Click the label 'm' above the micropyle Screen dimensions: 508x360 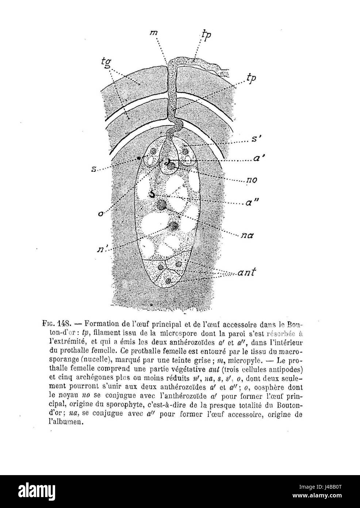pyautogui.click(x=156, y=32)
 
